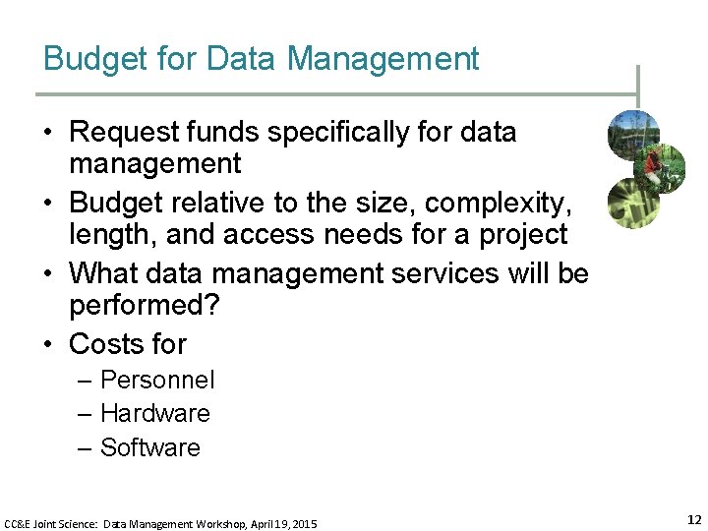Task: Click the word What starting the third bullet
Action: (x=102, y=272)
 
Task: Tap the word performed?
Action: (x=145, y=306)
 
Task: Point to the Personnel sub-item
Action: (x=157, y=381)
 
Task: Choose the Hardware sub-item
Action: (x=155, y=414)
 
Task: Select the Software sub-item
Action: (x=150, y=447)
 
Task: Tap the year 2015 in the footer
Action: (x=304, y=525)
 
